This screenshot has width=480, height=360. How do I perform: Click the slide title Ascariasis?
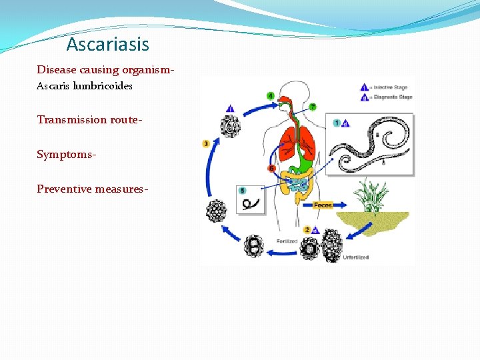pos(107,45)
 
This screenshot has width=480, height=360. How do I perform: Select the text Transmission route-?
pos(71,119)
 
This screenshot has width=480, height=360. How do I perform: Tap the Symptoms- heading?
pos(66,154)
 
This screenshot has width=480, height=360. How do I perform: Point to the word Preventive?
pos(63,189)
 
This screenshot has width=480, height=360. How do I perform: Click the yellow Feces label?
pos(323,205)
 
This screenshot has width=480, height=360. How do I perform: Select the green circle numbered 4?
pos(270,96)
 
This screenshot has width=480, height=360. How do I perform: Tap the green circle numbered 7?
pos(313,107)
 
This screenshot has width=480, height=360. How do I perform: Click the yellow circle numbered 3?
pos(206,143)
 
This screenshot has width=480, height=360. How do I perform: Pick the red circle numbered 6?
pos(271,169)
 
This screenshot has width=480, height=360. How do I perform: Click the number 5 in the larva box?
pos(243,190)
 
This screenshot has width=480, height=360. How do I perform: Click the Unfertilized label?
pos(356,256)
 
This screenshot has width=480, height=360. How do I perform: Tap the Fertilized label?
pos(287,240)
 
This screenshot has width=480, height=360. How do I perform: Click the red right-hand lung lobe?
pos(307,141)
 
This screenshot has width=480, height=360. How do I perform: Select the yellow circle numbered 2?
pos(306,229)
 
